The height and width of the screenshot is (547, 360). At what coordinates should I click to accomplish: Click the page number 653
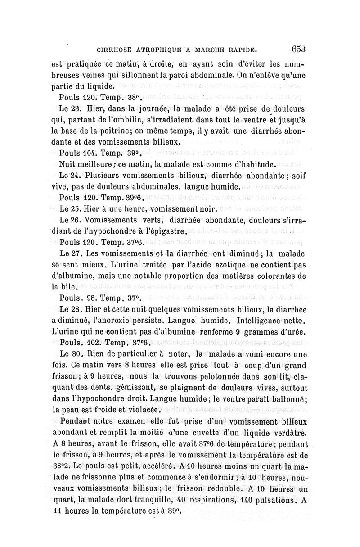pos(299,50)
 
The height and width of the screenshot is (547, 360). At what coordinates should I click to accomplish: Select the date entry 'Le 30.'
pos(69,354)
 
